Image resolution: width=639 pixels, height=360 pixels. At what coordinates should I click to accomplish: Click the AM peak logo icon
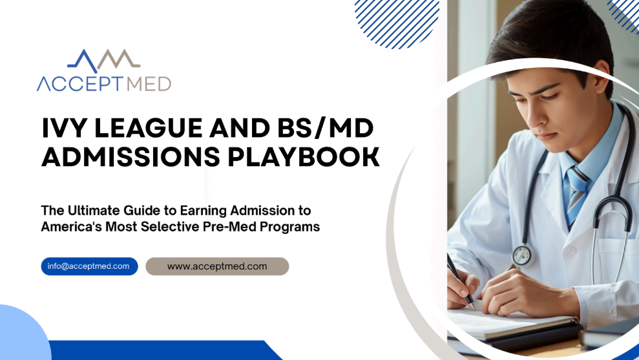pos(104,60)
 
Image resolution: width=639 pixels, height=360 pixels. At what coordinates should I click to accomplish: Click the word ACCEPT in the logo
pos(80,84)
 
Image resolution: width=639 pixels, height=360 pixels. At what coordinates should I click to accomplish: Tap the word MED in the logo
pos(149,84)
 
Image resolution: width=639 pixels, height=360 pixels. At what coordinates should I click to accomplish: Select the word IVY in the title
pos(65,128)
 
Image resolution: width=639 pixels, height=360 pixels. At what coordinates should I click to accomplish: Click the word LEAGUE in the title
pos(149,128)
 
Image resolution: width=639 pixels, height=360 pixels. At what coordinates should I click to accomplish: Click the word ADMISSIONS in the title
pos(131,157)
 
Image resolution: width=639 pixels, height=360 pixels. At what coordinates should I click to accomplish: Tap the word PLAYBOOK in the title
pos(304,157)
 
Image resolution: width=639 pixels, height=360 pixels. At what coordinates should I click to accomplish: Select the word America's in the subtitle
pos(71,227)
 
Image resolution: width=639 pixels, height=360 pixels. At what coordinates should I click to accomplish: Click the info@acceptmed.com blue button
pos(89,266)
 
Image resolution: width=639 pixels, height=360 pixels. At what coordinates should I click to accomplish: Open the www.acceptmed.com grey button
pos(217,266)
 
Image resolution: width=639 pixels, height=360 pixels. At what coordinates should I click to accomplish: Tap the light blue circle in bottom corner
pos(23,334)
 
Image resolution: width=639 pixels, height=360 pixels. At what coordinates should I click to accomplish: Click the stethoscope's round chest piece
pos(522,255)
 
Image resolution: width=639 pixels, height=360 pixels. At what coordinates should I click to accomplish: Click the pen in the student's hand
pos(461,281)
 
